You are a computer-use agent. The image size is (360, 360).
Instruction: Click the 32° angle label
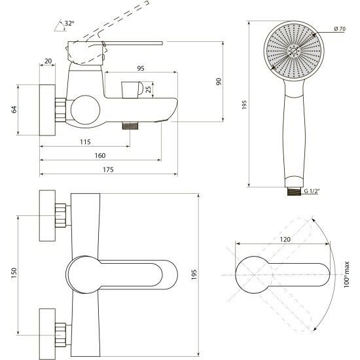pyautogui.click(x=69, y=23)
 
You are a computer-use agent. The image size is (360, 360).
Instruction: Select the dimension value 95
pyautogui.click(x=141, y=68)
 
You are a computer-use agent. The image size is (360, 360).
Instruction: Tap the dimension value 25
pyautogui.click(x=149, y=89)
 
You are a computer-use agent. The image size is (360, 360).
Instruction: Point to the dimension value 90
pyautogui.click(x=219, y=82)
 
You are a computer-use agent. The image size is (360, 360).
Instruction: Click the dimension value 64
pyautogui.click(x=14, y=109)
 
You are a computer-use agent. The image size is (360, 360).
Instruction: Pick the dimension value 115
pyautogui.click(x=85, y=142)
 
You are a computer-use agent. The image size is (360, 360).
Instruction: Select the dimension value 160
pyautogui.click(x=100, y=156)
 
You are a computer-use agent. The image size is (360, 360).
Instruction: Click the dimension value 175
pyautogui.click(x=108, y=170)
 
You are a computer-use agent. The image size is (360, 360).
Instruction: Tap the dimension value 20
pyautogui.click(x=48, y=61)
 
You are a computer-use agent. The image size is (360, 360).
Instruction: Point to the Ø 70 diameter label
pyautogui.click(x=340, y=29)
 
